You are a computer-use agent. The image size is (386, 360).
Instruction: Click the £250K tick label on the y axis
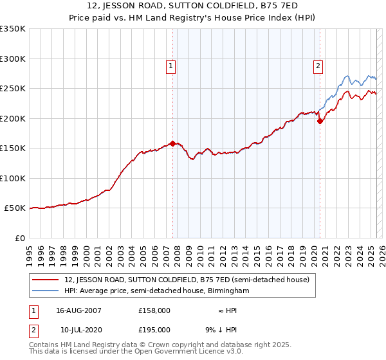12,88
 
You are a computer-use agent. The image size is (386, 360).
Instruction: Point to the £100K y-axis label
12,178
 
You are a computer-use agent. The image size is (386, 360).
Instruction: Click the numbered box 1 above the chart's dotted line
171,65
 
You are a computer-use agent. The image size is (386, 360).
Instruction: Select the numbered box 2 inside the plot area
318,65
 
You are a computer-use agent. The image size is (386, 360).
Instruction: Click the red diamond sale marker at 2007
172,143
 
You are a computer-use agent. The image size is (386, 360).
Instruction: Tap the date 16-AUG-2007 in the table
78,310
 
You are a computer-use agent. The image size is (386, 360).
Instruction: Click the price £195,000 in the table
154,329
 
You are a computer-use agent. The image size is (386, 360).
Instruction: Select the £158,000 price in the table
154,310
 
